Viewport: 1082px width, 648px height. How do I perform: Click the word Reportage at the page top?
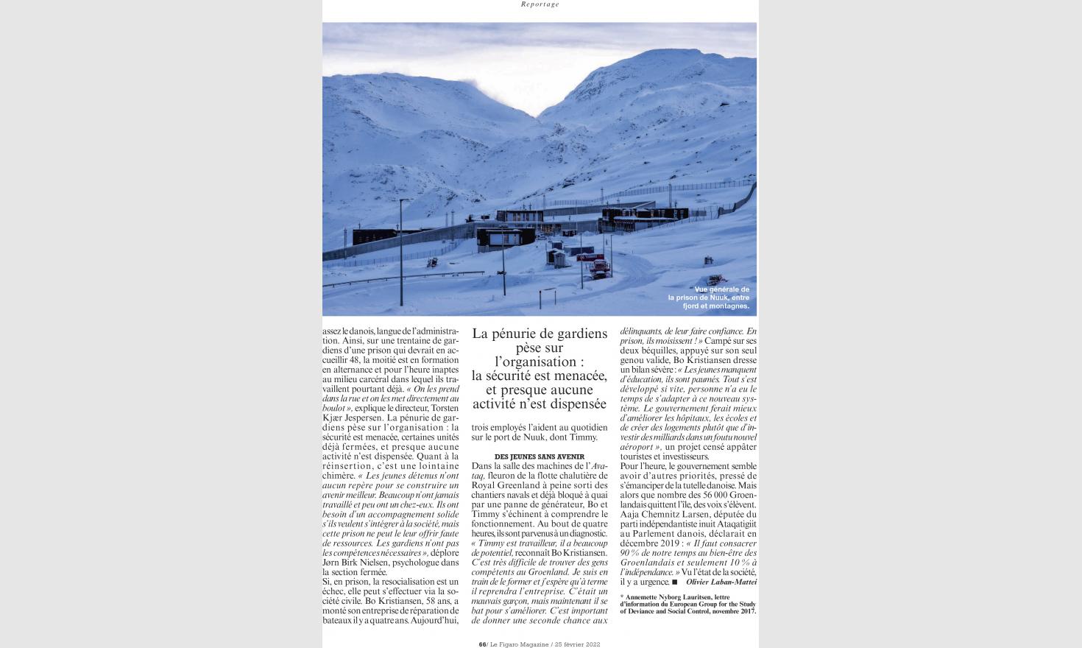[540, 4]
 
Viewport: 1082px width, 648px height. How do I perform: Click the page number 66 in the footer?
[482, 644]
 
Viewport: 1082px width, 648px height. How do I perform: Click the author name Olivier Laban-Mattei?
[721, 582]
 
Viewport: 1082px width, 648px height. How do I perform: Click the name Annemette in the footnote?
[652, 596]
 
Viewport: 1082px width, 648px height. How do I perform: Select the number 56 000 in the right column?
[698, 495]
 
